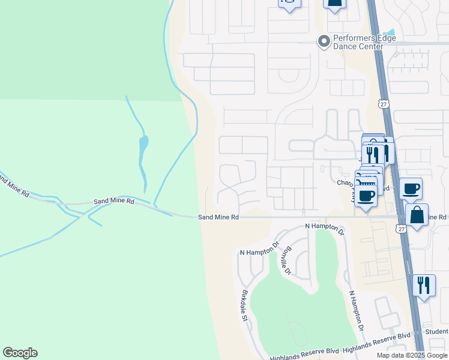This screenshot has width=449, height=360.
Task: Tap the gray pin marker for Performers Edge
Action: point(324,41)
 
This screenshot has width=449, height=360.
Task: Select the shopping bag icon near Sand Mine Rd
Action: point(417,215)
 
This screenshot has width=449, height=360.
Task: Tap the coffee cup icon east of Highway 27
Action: point(411,189)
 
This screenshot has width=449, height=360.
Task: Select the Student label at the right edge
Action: point(437,331)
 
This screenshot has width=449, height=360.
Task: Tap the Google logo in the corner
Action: point(20,353)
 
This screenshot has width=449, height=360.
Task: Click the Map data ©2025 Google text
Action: point(412,355)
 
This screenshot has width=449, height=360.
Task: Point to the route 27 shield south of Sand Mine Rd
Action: point(401,227)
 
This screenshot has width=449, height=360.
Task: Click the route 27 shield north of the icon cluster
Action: point(383,104)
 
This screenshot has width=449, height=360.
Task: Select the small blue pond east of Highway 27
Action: point(390,33)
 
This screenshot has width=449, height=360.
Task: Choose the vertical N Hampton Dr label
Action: point(357,311)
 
